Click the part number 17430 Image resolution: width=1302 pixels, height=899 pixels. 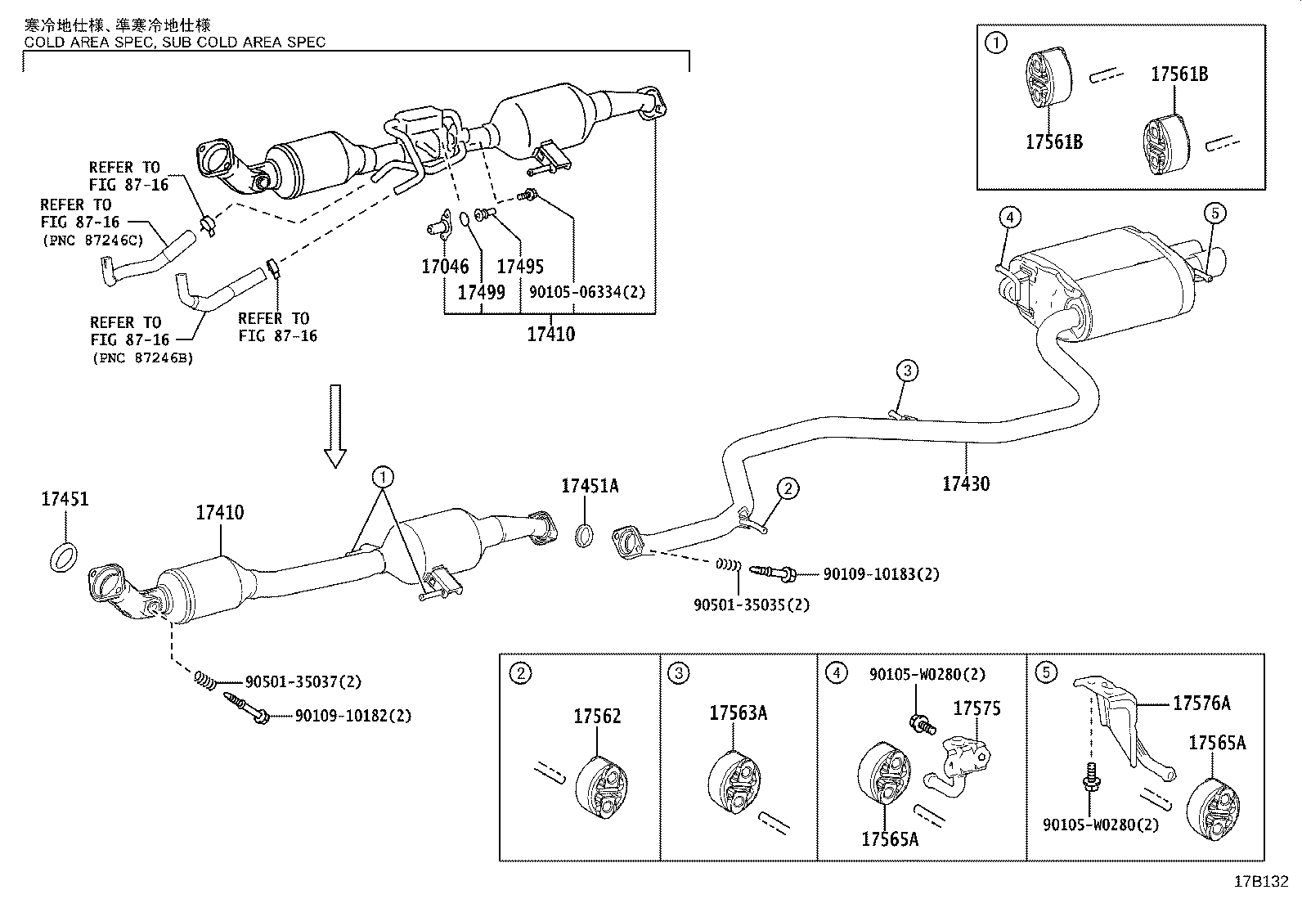[x=966, y=483]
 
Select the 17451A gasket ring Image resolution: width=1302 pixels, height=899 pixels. [x=585, y=536]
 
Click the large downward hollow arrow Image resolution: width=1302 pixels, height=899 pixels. [x=335, y=425]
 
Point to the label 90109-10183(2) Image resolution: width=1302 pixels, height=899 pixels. [x=881, y=574]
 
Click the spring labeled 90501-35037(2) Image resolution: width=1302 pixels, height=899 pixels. [x=207, y=679]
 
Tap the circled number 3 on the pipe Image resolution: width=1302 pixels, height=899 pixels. [x=907, y=371]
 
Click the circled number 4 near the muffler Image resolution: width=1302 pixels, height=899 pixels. [x=1009, y=217]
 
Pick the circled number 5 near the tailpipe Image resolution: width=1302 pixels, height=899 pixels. [x=1214, y=214]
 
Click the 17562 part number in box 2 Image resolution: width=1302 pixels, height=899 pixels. [x=597, y=717]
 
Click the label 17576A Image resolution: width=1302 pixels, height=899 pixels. [x=1201, y=703]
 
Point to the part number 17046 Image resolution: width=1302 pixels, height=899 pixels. [x=445, y=266]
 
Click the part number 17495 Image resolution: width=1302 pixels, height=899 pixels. [x=520, y=266]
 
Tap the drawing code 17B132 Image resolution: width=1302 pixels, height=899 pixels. [x=1261, y=881]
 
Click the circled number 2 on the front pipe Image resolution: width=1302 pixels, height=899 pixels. [x=787, y=489]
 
